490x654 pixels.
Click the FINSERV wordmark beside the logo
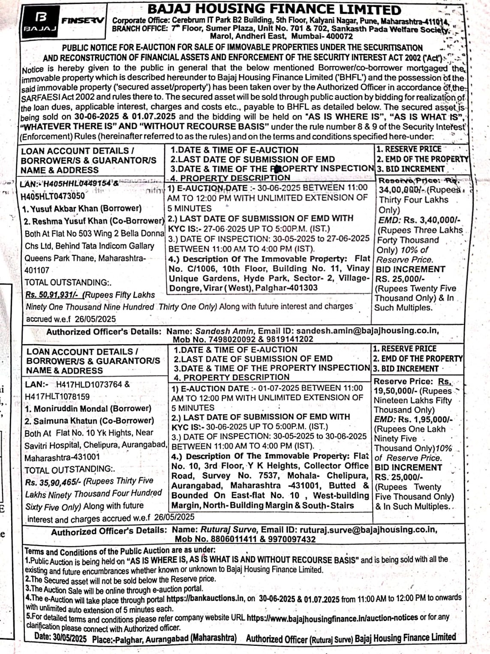[x=83, y=20]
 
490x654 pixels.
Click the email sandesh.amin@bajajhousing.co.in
[x=367, y=330]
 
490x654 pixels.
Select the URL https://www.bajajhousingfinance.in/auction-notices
[x=332, y=618]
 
